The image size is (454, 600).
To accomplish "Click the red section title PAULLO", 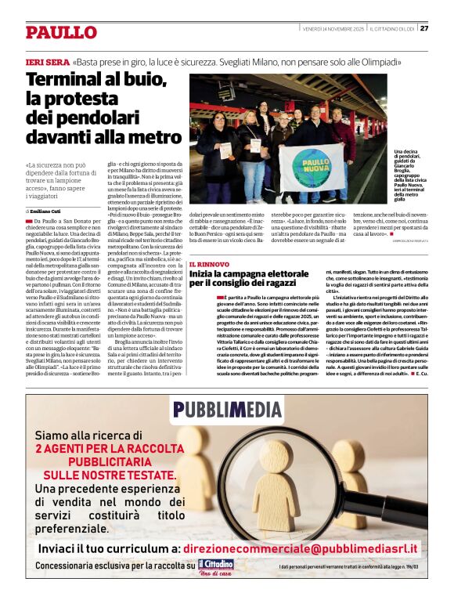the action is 61,32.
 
